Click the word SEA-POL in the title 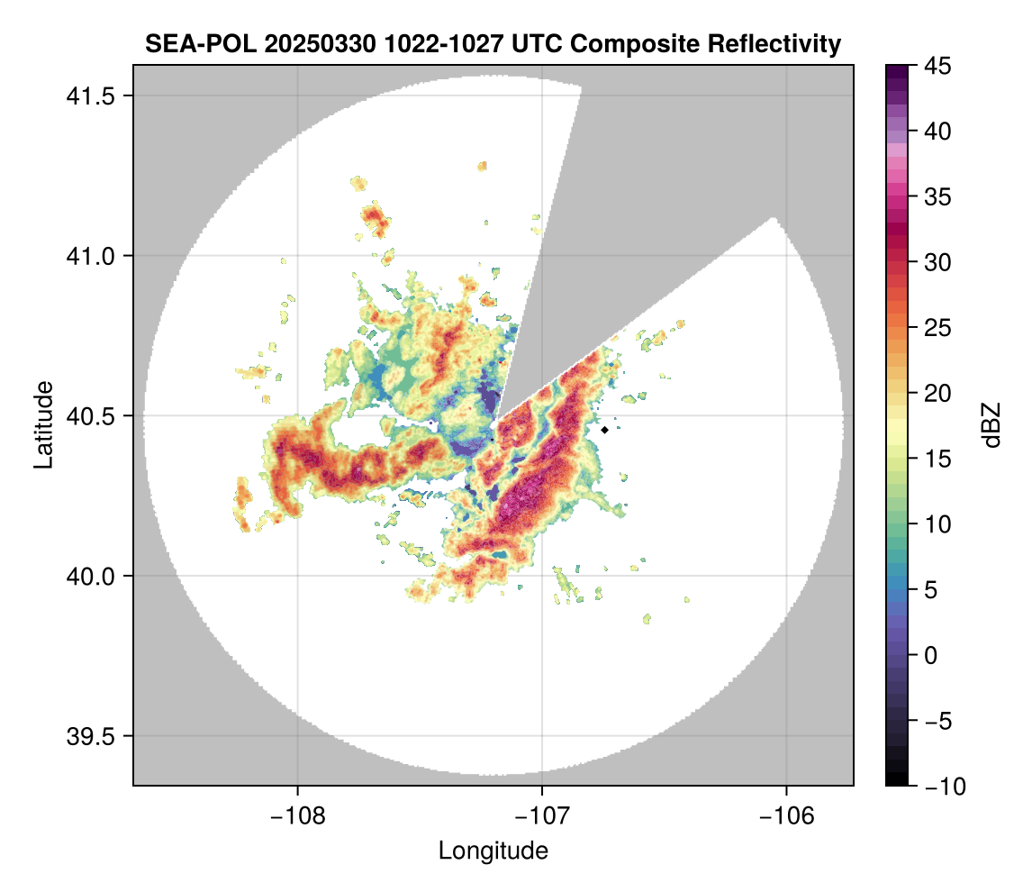pos(187,43)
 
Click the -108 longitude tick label pos(297,816)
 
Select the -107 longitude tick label pos(542,816)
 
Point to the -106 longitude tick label pos(787,816)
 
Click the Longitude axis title pos(493,851)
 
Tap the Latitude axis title pos(43,424)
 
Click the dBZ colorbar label pos(991,425)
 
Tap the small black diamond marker pos(604,430)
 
